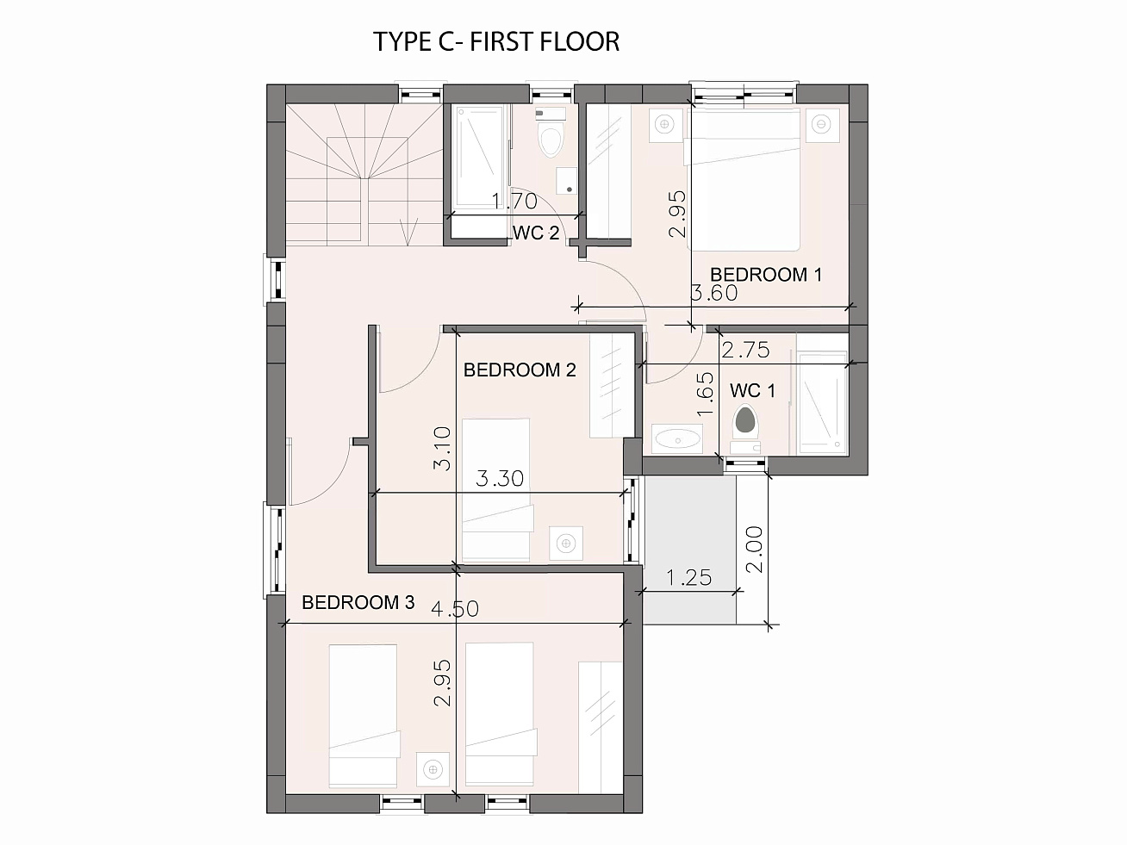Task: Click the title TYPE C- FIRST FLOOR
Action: point(496,41)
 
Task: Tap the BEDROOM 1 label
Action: point(766,275)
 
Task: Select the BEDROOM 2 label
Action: point(520,370)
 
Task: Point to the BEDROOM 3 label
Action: point(358,602)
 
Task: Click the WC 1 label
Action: point(752,391)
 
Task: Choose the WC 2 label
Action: point(536,233)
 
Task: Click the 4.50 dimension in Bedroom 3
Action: point(455,609)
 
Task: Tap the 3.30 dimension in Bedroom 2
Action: point(500,479)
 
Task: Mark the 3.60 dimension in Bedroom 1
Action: point(714,293)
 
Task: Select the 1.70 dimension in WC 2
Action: point(514,201)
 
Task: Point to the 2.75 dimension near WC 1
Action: point(745,350)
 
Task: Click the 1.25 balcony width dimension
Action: point(689,578)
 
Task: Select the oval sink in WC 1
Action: point(678,439)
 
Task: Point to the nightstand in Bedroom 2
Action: point(566,544)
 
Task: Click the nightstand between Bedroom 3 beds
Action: point(433,769)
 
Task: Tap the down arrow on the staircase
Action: point(409,232)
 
